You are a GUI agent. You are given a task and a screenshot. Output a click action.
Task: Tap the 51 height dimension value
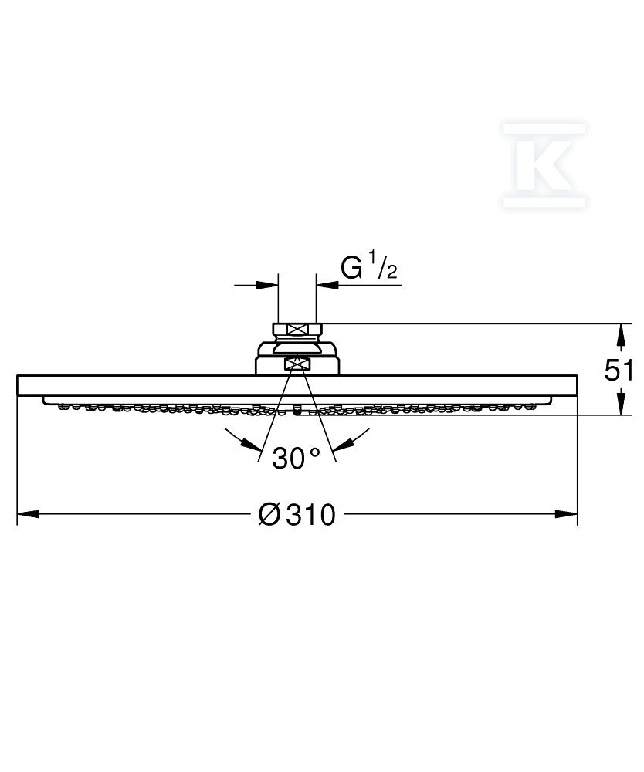coord(619,371)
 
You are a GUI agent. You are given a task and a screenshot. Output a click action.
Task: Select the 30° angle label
coord(296,459)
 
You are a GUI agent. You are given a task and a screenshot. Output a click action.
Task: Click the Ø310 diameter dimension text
coord(297,514)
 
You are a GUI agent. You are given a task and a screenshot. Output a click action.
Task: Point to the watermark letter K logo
coord(544,165)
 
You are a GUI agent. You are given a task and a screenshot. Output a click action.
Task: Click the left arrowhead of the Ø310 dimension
coord(29,514)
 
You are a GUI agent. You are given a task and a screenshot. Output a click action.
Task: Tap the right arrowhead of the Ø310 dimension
coord(566,514)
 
